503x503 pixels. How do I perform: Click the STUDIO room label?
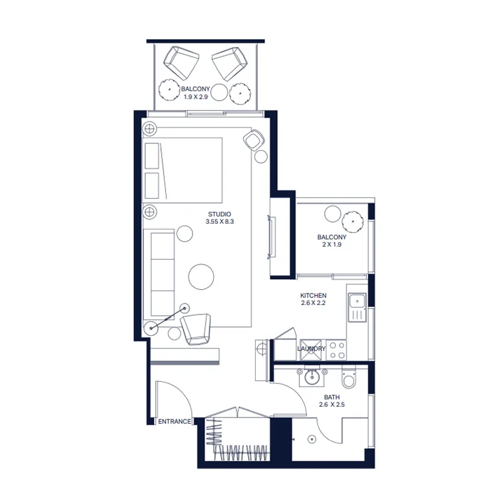click(219, 214)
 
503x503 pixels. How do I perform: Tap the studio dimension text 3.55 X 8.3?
click(219, 222)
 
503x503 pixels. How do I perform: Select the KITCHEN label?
click(313, 296)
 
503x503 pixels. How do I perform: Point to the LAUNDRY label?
click(312, 349)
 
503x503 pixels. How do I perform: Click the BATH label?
click(331, 397)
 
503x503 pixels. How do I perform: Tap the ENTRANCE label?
click(174, 421)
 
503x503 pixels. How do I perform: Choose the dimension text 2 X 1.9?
click(332, 245)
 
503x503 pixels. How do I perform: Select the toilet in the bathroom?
click(347, 379)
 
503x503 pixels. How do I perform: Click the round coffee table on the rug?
click(201, 275)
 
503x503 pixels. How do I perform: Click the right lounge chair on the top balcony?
click(229, 62)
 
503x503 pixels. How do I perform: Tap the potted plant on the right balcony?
click(352, 221)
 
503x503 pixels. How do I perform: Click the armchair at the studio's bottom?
click(196, 329)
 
